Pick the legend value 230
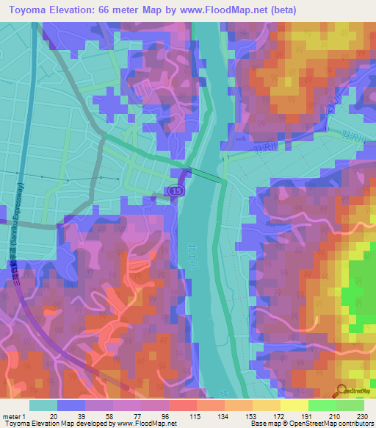(x=362, y=415)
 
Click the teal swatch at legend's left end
(x=43, y=404)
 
